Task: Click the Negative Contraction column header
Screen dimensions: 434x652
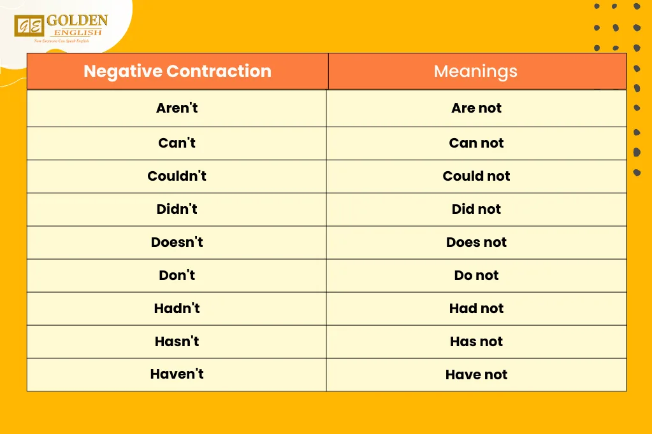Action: pos(177,71)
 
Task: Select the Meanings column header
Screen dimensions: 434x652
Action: pos(475,71)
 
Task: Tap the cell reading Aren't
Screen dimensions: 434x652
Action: pos(177,108)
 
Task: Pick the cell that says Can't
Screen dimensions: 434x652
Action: pos(177,143)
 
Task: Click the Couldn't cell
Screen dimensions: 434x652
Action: pos(177,176)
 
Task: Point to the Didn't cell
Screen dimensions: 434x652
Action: pos(177,209)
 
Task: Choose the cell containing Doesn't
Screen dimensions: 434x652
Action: pos(177,242)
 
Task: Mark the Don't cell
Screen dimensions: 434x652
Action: pos(177,276)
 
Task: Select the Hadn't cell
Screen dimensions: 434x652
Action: pos(177,309)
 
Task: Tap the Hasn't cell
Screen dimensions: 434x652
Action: pos(177,342)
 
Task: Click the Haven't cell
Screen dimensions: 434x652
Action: pos(177,374)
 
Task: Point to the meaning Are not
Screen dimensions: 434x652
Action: pos(476,108)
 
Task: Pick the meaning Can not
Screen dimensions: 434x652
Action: pos(476,143)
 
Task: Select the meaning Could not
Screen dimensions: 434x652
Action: pos(476,176)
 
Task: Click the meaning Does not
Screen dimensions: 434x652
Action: pos(476,242)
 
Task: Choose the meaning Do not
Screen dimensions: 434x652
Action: pos(476,276)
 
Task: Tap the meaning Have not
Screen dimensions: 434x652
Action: pos(476,375)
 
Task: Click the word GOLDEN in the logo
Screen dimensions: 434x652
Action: pos(77,20)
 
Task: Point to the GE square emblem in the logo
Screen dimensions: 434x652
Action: pos(29,27)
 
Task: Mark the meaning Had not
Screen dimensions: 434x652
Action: pos(476,309)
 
